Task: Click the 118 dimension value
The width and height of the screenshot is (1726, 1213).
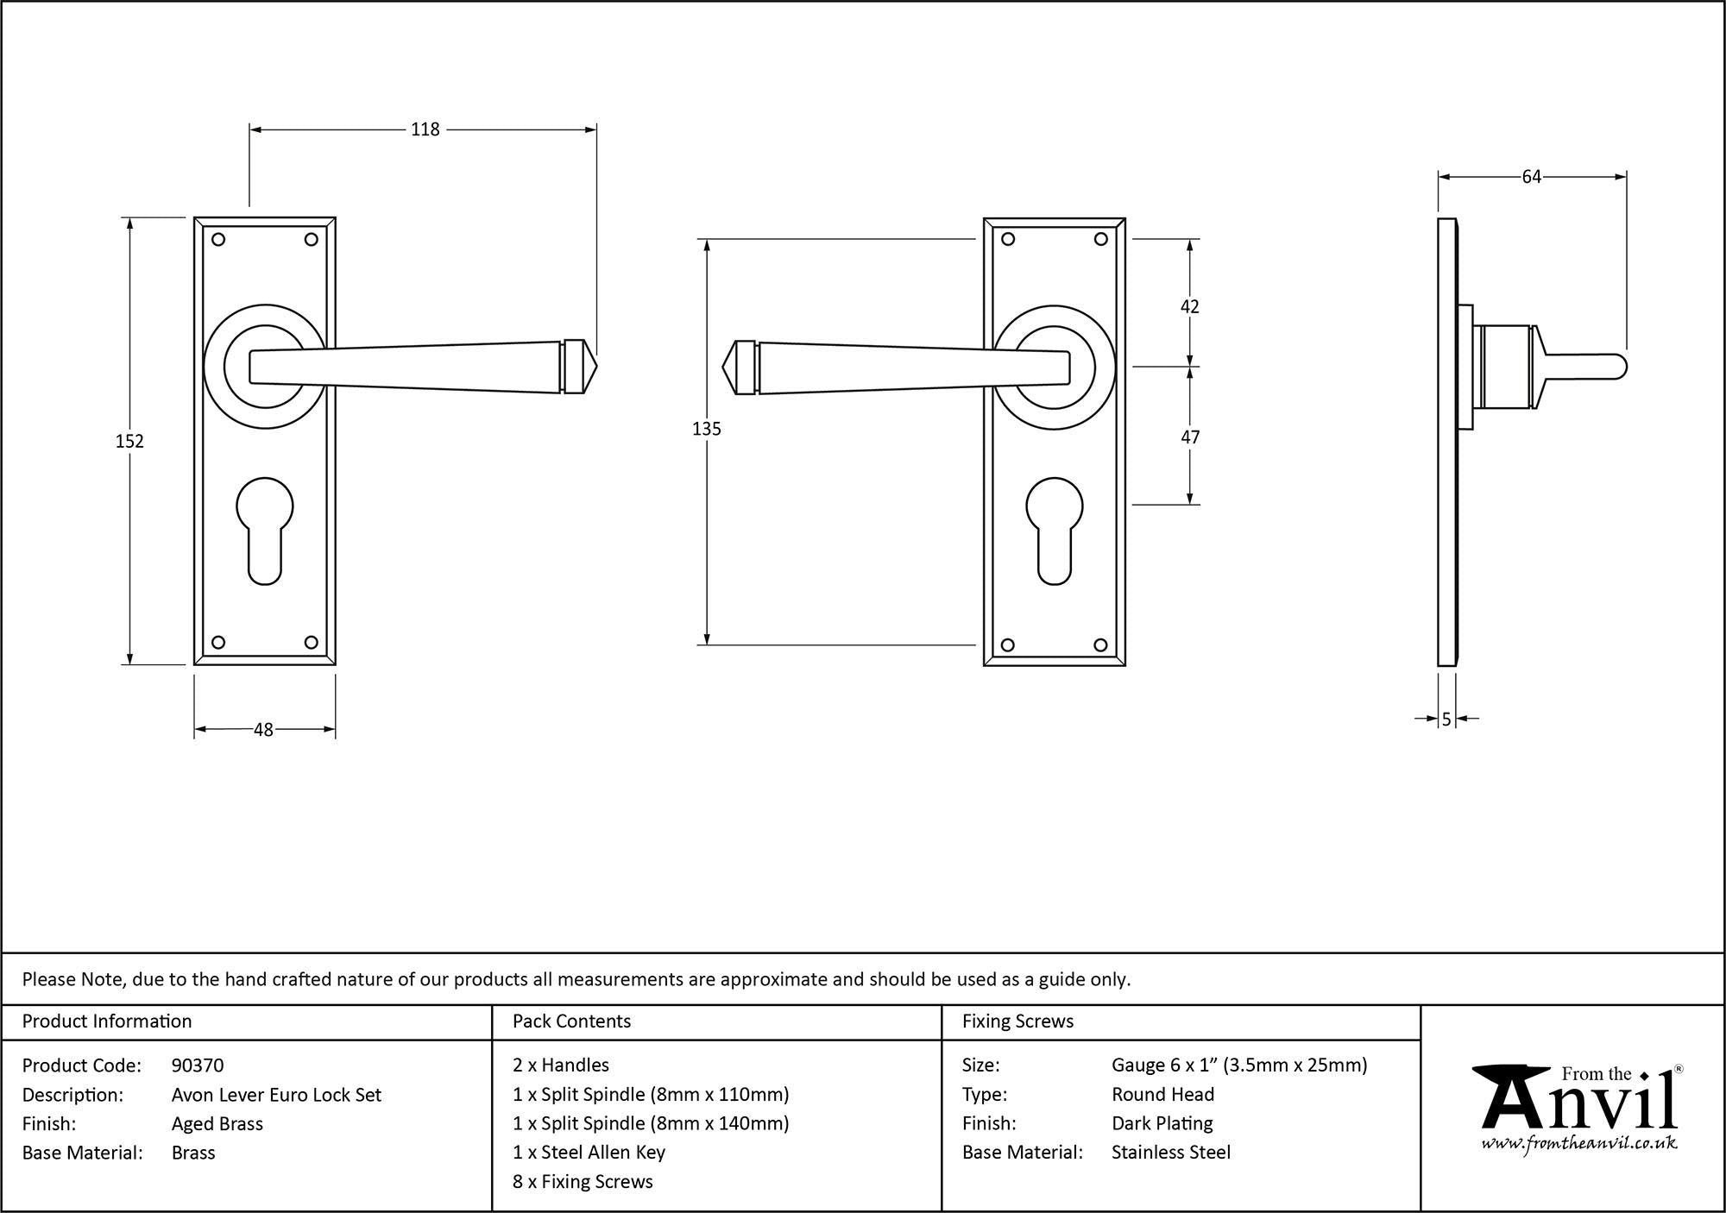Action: tap(425, 129)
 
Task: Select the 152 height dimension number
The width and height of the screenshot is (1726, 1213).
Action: tap(129, 441)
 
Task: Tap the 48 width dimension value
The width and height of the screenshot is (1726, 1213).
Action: tap(263, 730)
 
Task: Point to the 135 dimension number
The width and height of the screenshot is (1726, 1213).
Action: tap(706, 429)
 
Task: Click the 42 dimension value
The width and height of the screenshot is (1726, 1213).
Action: tap(1189, 307)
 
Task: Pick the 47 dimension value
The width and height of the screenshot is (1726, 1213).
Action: tap(1189, 437)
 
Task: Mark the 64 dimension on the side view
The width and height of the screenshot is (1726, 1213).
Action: tap(1531, 177)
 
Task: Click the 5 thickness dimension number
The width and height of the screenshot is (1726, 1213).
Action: tap(1446, 719)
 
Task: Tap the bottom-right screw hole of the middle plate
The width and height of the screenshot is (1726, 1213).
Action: tap(1100, 644)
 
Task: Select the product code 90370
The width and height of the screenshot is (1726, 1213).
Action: tap(198, 1065)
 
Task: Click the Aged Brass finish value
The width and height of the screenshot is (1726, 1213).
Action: tap(217, 1123)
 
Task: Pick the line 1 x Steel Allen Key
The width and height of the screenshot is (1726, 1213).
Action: tap(589, 1153)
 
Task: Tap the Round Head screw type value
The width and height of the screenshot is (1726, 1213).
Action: tap(1162, 1094)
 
